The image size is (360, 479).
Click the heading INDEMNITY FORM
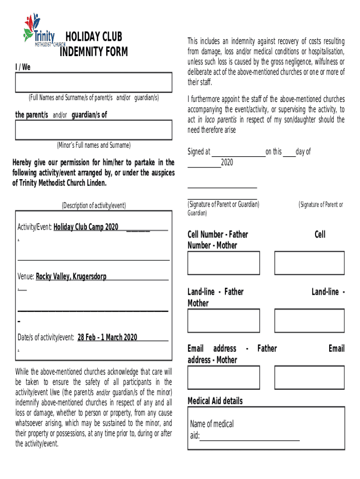[x=94, y=52]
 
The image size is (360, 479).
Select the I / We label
[x=23, y=67]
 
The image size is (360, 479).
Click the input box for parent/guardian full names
[x=94, y=83]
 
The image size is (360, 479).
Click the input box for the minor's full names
[x=94, y=130]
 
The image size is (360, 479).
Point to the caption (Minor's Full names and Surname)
[x=94, y=145]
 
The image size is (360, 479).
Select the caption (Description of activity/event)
[x=94, y=205]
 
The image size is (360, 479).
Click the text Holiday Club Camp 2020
[x=86, y=227]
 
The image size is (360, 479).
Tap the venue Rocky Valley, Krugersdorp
[x=71, y=276]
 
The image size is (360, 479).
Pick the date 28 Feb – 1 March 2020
[x=108, y=337]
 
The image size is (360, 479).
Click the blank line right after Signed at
[x=238, y=152]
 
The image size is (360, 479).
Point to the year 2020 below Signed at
[x=227, y=162]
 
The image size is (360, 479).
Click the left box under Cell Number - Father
[x=223, y=263]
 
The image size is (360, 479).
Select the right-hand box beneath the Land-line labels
[x=309, y=320]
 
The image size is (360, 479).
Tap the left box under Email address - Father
[x=223, y=377]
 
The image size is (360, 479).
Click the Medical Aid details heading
[x=215, y=401]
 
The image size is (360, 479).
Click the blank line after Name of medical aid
[x=250, y=436]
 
